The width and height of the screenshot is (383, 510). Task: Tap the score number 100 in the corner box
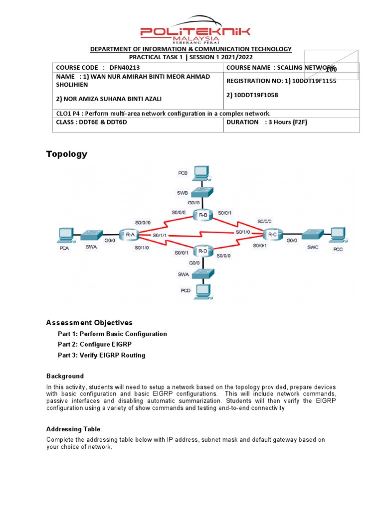[x=331, y=69]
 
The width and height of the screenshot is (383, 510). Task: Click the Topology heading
[x=67, y=154]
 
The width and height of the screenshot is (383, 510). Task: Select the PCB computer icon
[x=201, y=173]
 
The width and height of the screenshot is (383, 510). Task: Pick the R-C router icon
[x=272, y=234]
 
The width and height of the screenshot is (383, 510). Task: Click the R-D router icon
[x=202, y=251]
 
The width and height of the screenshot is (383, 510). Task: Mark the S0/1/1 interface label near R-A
[x=160, y=235]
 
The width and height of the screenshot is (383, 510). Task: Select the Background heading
[x=65, y=376]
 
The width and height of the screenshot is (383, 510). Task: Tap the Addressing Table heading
[x=73, y=429]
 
